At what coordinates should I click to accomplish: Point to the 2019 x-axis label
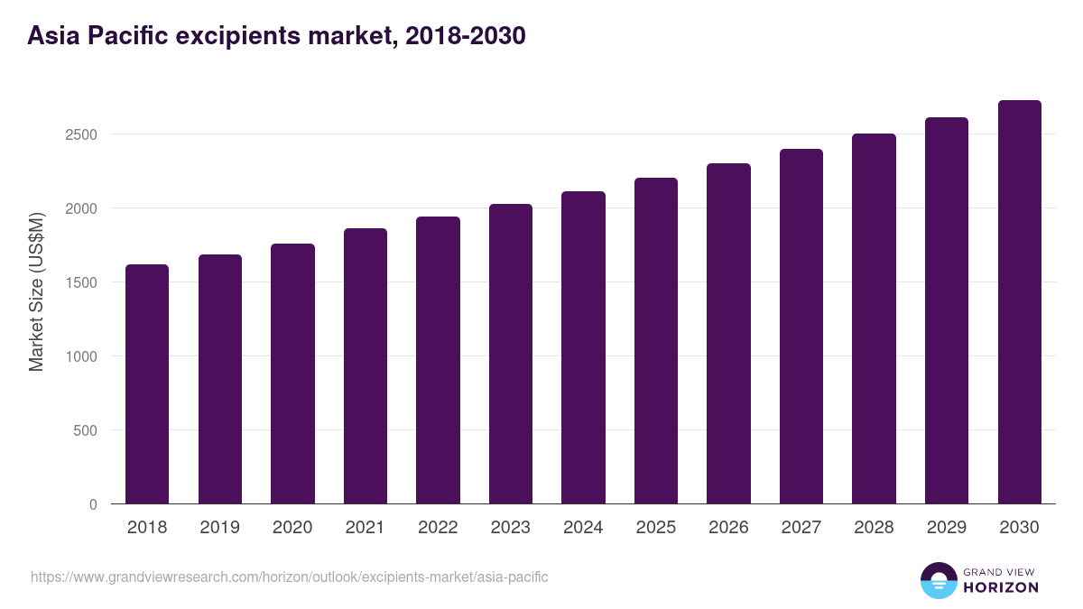[219, 528]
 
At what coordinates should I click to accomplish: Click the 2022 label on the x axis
[438, 528]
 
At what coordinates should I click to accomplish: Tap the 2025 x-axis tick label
[656, 528]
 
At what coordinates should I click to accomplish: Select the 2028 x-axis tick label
[874, 528]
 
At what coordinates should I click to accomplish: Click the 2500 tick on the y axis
[80, 134]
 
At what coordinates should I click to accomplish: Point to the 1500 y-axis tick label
[80, 282]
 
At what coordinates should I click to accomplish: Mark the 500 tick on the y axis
[86, 430]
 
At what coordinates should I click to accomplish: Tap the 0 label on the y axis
[93, 504]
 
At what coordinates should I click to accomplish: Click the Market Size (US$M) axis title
[36, 291]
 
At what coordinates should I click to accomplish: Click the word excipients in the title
[233, 36]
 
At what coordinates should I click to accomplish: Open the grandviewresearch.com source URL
[289, 577]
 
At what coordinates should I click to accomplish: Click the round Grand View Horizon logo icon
[938, 581]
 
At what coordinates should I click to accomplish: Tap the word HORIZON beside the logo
[1001, 587]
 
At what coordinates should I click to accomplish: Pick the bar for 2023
[511, 354]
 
